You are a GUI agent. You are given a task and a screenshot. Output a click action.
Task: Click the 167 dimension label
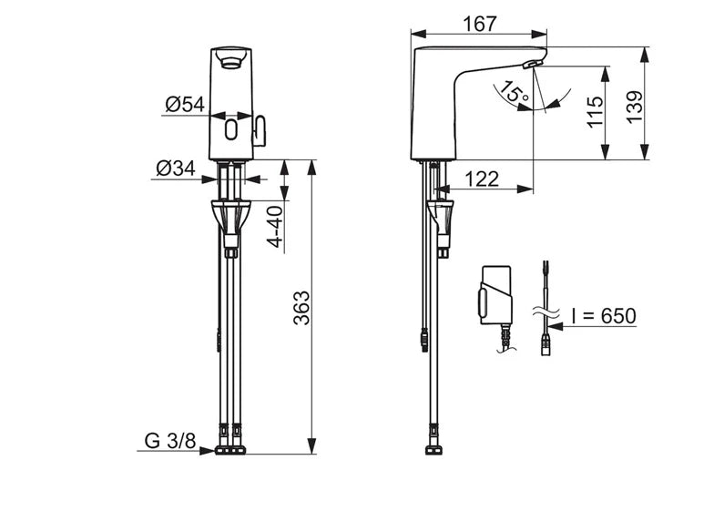(x=480, y=24)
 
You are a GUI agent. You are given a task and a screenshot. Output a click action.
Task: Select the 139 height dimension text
(x=635, y=107)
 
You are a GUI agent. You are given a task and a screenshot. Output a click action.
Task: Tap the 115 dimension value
(x=595, y=111)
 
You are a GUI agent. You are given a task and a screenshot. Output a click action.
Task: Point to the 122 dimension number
(x=482, y=179)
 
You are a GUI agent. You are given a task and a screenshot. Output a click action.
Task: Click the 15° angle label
(x=515, y=91)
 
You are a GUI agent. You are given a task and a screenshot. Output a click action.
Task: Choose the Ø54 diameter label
(x=185, y=105)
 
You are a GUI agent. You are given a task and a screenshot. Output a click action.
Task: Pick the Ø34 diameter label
(x=176, y=169)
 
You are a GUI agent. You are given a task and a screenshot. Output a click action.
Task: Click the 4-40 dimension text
(x=276, y=227)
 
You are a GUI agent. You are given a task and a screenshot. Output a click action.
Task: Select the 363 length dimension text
(x=302, y=308)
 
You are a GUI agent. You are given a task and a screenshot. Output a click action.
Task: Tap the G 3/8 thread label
(x=170, y=441)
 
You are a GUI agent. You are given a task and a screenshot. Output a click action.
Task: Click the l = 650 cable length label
(x=604, y=316)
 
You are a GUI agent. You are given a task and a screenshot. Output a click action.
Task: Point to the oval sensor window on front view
(x=231, y=129)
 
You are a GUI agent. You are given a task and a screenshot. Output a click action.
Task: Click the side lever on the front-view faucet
(x=260, y=131)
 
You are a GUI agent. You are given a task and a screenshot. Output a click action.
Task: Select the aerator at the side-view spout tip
(x=532, y=65)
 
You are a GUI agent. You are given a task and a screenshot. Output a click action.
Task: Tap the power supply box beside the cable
(x=496, y=295)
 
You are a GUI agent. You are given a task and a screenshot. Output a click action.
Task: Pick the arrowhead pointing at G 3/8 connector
(x=208, y=451)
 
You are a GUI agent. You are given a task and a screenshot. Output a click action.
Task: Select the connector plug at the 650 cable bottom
(x=546, y=346)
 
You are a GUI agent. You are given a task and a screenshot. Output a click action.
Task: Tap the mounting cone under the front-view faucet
(x=230, y=217)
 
